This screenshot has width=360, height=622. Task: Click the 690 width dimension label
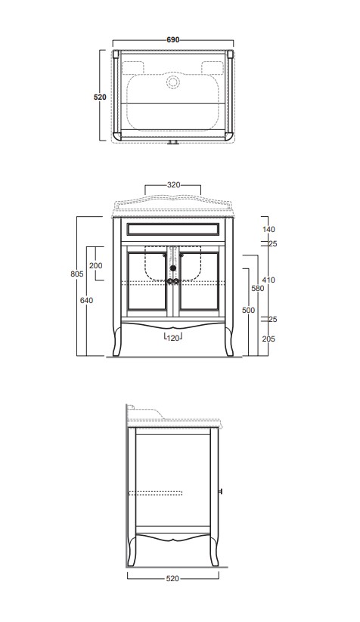[173, 39]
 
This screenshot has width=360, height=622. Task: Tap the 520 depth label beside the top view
[100, 97]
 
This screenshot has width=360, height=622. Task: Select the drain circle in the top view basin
[173, 82]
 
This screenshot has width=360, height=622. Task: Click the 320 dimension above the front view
[173, 185]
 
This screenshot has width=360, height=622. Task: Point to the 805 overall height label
[76, 274]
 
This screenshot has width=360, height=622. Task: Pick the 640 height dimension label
[86, 300]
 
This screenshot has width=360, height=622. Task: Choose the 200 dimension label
[95, 265]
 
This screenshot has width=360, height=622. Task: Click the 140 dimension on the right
[268, 229]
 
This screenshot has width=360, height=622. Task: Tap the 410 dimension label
[268, 280]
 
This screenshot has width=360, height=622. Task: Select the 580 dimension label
[258, 289]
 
